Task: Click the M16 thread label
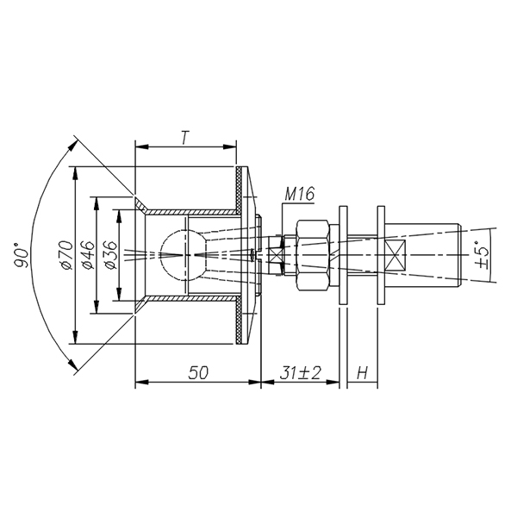point(299,194)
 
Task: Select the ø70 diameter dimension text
point(67,255)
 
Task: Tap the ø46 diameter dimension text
point(89,255)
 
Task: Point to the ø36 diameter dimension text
point(111,255)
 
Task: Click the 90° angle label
point(21,255)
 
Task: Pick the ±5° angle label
point(482,256)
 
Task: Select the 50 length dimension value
point(198,373)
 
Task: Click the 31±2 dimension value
point(300,373)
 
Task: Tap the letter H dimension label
point(362,373)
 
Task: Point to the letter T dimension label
point(185,138)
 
